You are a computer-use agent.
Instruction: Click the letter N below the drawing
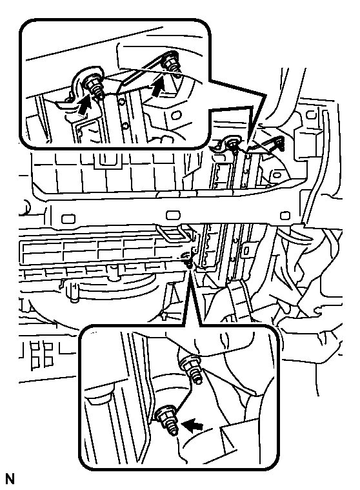(x=10, y=479)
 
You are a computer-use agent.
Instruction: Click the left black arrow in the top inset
(x=84, y=105)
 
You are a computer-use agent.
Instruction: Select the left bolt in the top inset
(x=94, y=88)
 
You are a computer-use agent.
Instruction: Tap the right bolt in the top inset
(x=172, y=65)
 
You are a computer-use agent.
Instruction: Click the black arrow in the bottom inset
(x=192, y=425)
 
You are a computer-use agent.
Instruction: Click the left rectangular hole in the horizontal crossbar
(x=68, y=218)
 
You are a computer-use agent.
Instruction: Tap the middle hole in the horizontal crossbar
(x=173, y=216)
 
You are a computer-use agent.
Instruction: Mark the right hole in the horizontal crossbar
(x=285, y=216)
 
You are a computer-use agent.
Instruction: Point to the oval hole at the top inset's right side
(x=176, y=114)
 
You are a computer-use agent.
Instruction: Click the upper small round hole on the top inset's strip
(x=121, y=101)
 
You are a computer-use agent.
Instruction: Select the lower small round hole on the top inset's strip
(x=125, y=126)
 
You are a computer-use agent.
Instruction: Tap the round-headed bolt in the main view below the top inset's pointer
(x=232, y=145)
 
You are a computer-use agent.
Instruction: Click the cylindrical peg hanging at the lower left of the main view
(x=74, y=294)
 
